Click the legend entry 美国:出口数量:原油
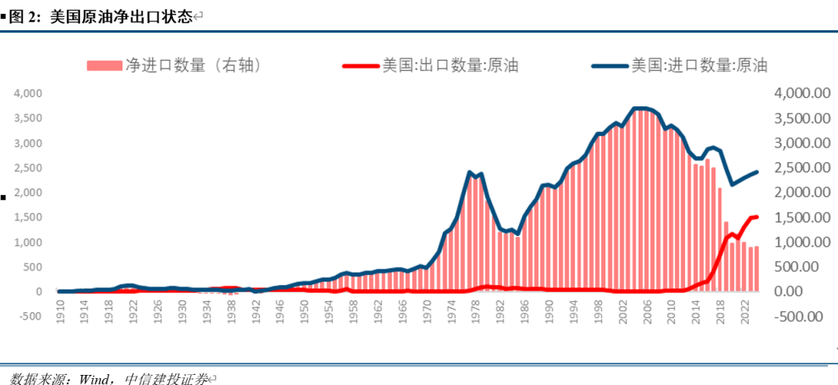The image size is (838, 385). click(x=449, y=65)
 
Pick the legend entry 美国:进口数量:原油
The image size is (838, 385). click(x=699, y=65)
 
